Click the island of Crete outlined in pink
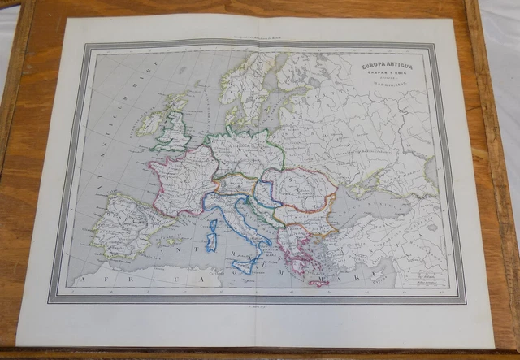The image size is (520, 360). pyautogui.click(x=317, y=282)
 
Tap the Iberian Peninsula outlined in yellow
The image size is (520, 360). pyautogui.click(x=122, y=223)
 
